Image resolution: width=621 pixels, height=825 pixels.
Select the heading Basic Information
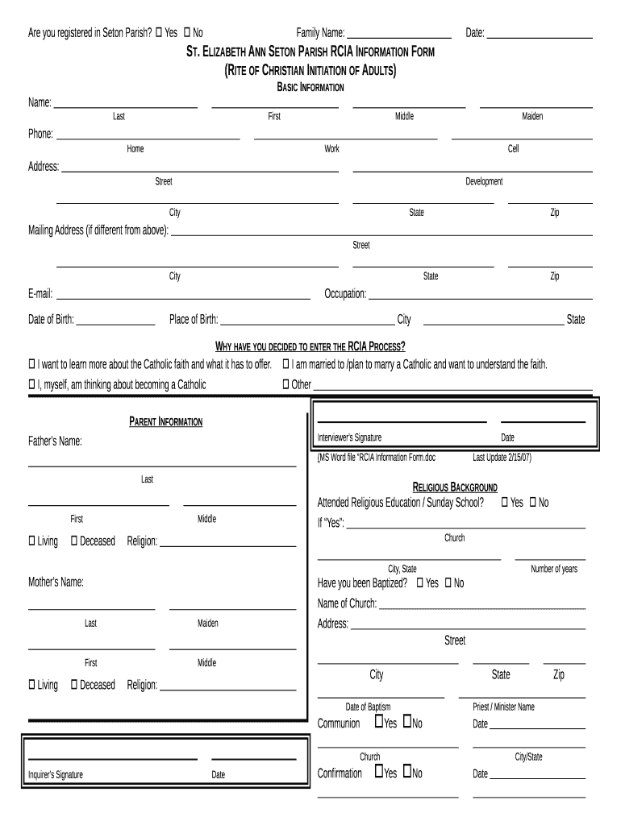(310, 87)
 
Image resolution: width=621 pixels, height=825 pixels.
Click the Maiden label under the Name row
(532, 117)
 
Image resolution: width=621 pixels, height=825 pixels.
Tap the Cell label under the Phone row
(513, 149)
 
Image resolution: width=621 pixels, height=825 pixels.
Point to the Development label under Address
(484, 181)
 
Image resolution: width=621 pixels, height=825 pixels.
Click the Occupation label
(345, 294)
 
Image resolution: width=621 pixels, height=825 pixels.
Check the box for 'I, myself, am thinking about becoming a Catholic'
(32, 384)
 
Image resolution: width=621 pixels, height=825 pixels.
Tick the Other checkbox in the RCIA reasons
(285, 384)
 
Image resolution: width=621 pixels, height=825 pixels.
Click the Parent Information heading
(165, 422)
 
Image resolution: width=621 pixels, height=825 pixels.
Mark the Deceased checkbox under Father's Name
(74, 541)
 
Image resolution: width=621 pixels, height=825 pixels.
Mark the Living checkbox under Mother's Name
(32, 685)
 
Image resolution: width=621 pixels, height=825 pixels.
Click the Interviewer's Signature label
(349, 437)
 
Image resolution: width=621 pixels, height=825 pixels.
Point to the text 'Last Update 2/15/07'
(502, 458)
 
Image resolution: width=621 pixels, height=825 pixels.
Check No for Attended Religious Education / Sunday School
(532, 503)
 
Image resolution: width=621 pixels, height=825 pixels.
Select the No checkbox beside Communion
(407, 722)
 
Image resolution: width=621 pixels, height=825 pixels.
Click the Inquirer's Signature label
(56, 775)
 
